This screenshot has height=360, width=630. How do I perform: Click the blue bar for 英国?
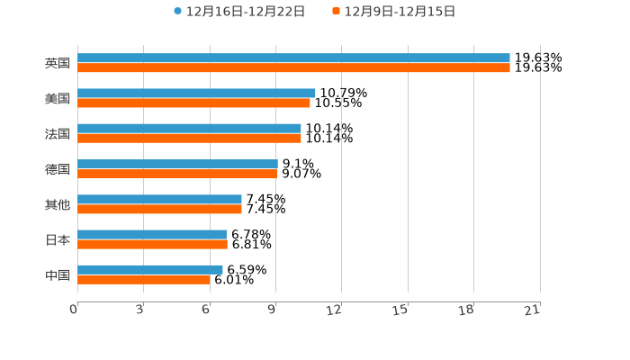coord(293,58)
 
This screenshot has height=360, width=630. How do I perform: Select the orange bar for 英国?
coord(293,67)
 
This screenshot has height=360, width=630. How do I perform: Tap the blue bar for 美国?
coord(196,93)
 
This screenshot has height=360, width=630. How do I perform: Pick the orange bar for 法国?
coord(189,138)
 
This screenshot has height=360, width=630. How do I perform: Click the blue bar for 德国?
coord(177,164)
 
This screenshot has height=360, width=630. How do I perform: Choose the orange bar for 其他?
coord(159,209)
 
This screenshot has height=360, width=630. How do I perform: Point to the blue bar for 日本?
coord(152,234)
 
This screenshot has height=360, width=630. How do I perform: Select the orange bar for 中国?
coord(144,279)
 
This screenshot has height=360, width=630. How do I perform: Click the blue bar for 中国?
coord(150,269)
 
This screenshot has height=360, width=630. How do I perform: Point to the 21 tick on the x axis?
coord(533,310)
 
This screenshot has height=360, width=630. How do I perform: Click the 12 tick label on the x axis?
coord(334,310)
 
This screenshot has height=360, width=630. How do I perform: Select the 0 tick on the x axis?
coord(74,310)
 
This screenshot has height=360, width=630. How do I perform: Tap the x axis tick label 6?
coord(206,310)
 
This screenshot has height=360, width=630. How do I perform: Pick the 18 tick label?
coord(466,310)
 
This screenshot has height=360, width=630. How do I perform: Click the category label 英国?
coord(58,63)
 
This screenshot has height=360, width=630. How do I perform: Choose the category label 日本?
coord(58,239)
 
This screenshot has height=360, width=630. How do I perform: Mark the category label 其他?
coord(58,204)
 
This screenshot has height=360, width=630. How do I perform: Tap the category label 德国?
coord(58,169)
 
